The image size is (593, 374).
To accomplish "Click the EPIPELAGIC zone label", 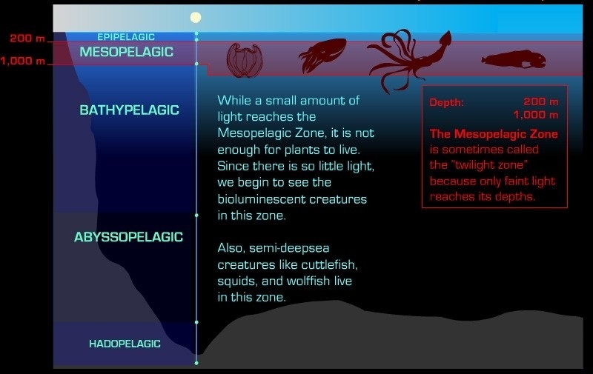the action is tap(126, 37).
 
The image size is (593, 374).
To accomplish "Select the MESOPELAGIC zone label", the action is tap(126, 52).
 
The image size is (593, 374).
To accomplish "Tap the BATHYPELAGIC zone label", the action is tap(129, 110).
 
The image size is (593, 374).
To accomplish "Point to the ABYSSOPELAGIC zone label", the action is tap(128, 237).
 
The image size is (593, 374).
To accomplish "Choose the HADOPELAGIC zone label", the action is tap(125, 344).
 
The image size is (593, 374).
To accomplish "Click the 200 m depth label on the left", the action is tap(27, 39).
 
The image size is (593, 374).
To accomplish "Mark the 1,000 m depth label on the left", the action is tap(23, 61).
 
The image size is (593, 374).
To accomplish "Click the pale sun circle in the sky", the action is tap(196, 17).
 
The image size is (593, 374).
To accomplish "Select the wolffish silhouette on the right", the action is tap(514, 59).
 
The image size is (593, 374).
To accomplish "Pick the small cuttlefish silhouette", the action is tap(322, 54).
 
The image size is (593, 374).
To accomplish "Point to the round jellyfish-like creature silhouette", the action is tap(245, 61).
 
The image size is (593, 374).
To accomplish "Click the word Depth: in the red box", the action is tap(446, 102).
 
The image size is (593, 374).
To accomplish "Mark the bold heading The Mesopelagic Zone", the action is tap(494, 134).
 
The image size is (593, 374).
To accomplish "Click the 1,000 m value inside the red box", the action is tap(535, 115).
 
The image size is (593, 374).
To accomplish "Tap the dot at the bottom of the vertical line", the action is tap(196, 363).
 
